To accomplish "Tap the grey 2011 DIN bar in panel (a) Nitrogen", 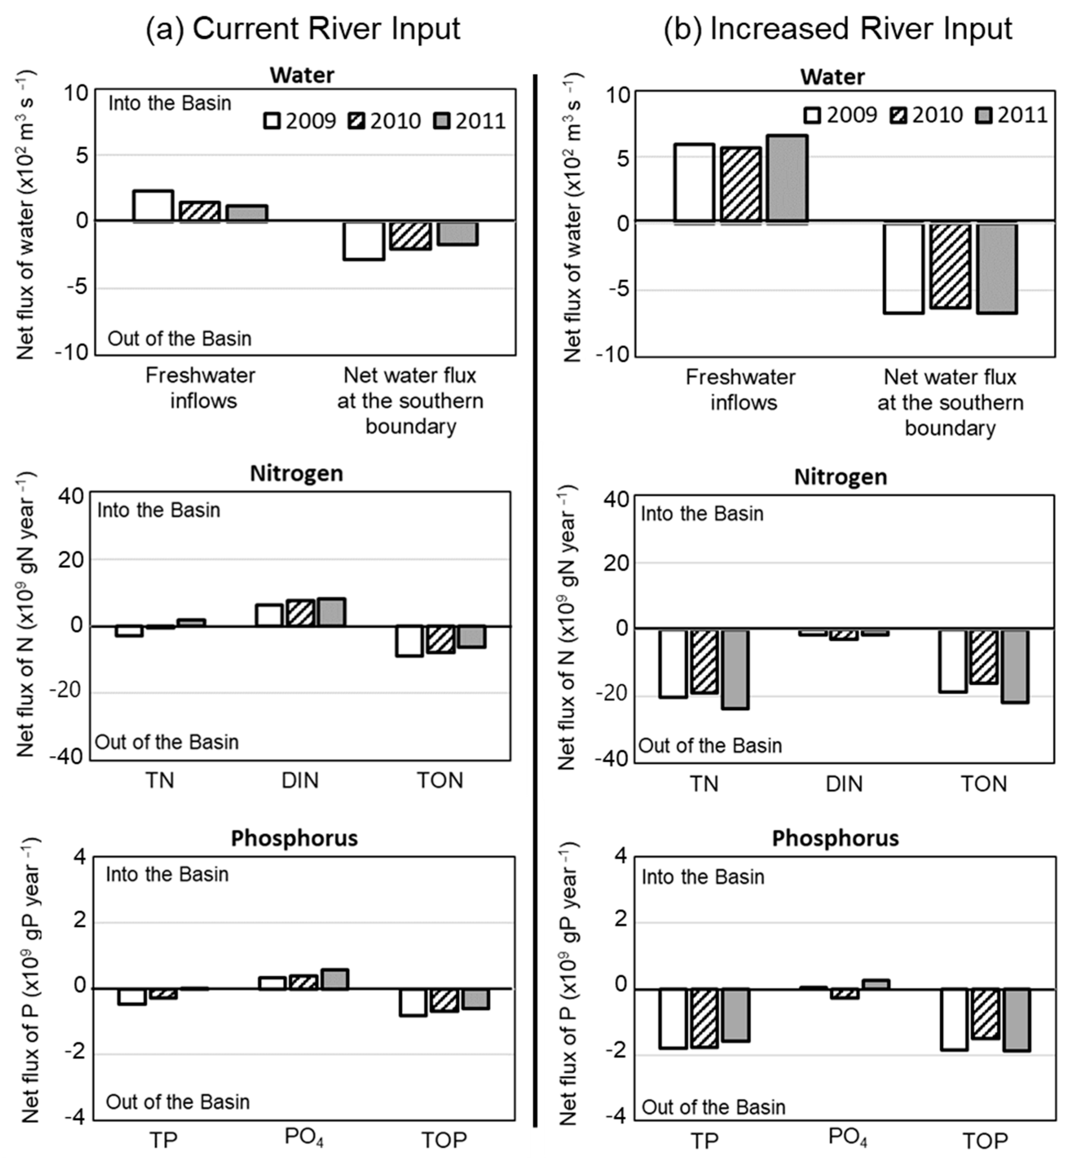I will click(x=331, y=612).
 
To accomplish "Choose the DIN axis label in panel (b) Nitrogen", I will click(x=844, y=784).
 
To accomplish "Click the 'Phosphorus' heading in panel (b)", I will click(x=835, y=838).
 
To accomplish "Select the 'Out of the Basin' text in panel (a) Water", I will click(x=180, y=338).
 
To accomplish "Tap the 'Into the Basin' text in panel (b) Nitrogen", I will click(x=702, y=513).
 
